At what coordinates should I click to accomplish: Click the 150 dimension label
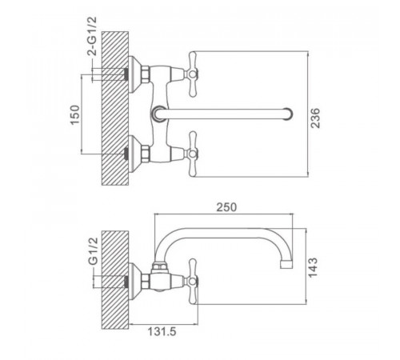(75, 114)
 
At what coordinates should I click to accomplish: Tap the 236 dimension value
(315, 118)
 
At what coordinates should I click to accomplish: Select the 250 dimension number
(226, 207)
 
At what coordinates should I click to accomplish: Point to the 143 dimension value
(313, 267)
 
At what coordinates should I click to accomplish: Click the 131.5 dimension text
(162, 331)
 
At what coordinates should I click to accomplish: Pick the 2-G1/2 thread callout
(93, 36)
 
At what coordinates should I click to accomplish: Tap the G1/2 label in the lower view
(93, 250)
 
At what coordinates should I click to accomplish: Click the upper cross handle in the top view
(192, 74)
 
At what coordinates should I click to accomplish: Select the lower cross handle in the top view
(192, 154)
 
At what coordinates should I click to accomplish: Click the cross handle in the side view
(192, 281)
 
